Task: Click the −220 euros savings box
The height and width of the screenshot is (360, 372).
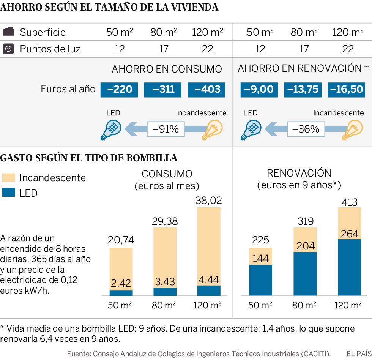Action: coord(119,90)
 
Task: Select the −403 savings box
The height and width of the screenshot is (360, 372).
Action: coord(206,90)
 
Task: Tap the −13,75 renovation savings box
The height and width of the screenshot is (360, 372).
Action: coord(303,90)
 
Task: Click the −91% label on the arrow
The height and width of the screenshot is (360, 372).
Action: coord(166,129)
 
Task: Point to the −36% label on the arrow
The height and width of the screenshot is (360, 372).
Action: coord(306,129)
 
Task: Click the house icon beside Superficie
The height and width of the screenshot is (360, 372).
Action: coord(8,32)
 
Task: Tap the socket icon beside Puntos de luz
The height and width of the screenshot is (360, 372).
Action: coord(8,49)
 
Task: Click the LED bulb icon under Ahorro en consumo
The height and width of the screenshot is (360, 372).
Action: coord(111,129)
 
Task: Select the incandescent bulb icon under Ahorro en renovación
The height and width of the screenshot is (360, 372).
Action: coord(353,129)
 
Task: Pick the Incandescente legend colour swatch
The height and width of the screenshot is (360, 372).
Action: coord(9,177)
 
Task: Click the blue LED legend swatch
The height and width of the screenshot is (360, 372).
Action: coord(9,193)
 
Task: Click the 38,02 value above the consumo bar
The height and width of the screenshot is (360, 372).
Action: coord(208,200)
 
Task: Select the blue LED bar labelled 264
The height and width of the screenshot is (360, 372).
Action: coord(349,267)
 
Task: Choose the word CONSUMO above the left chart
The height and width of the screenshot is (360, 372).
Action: coord(167,174)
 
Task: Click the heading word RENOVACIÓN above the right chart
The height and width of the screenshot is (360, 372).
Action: coord(299,173)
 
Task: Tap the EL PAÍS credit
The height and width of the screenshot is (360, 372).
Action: coord(358,353)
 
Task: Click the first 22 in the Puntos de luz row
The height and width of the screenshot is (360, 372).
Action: coord(207,49)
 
